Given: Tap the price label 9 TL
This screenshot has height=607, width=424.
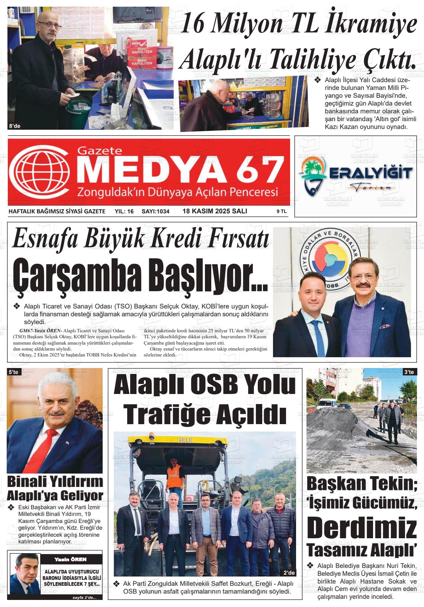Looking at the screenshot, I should coord(281,212).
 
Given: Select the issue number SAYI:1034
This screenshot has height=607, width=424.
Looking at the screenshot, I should coord(155,212).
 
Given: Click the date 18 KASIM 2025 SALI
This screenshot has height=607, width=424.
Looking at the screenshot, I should coord(215,211).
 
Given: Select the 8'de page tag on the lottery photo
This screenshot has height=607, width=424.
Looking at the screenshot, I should coord(15,126).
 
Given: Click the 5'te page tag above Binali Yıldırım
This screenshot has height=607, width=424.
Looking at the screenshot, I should coord(13,372).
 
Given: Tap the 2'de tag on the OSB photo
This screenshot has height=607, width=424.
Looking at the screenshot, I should coord(289,572).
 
